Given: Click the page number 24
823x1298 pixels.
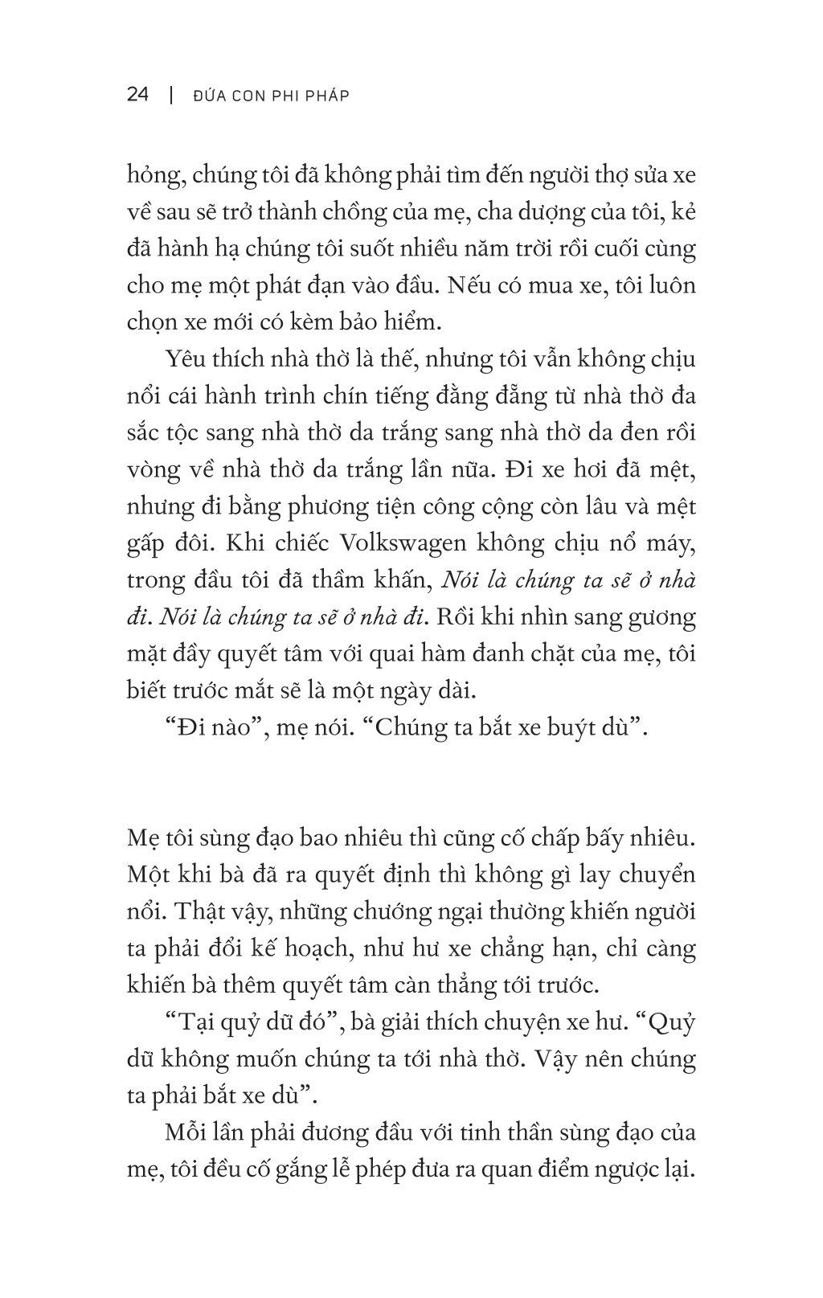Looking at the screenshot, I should tap(137, 95).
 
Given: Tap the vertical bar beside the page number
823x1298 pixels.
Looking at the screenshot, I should tap(170, 95).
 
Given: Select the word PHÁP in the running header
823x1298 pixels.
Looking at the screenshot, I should tap(328, 96).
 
